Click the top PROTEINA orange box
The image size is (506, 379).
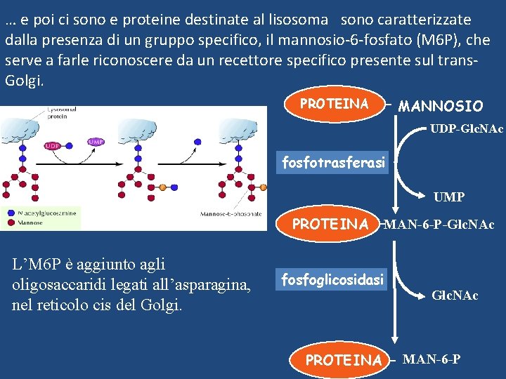pos(335,104)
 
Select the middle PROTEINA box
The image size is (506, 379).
pos(330,225)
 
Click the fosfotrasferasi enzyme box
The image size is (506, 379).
pos(333,163)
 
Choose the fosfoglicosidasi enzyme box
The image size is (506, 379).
pos(333,280)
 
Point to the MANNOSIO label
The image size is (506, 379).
pos(441,106)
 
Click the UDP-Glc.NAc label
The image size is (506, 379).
pos(467,130)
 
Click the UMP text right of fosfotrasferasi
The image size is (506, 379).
pos(448,197)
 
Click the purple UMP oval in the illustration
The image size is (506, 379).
pos(96,141)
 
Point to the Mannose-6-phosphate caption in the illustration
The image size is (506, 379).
pos(231,214)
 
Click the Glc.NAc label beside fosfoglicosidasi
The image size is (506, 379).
pos(455,295)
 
